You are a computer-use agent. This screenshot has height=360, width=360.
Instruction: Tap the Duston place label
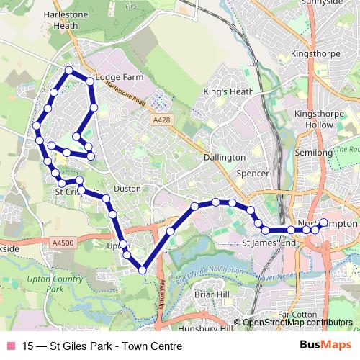click(127, 188)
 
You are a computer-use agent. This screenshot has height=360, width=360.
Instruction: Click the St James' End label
click(269, 243)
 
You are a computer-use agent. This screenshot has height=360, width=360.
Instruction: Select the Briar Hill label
click(211, 294)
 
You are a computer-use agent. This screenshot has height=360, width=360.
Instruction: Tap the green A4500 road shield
click(63, 244)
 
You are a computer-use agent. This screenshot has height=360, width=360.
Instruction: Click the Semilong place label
click(314, 153)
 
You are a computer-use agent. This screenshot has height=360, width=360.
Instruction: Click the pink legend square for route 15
click(11, 346)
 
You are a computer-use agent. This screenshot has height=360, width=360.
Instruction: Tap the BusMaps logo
click(325, 345)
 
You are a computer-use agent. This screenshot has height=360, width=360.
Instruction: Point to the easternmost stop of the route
click(323, 222)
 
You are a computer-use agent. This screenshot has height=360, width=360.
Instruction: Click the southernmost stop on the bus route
click(143, 270)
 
